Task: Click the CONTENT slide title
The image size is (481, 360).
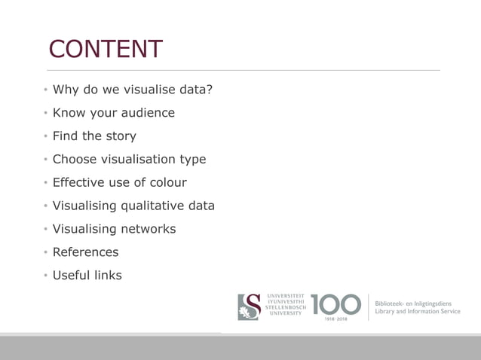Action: click(106, 49)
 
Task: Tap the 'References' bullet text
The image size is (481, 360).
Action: click(85, 252)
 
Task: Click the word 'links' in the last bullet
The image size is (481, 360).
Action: click(107, 275)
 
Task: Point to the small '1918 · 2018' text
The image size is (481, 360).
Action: click(335, 319)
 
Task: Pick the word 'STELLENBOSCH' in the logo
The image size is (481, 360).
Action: click(285, 307)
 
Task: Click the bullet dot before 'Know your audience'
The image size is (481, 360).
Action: click(45, 114)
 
